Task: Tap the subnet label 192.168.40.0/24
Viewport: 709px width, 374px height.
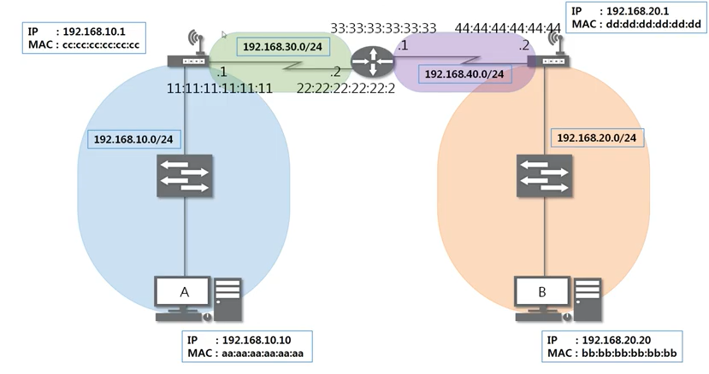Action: (464, 74)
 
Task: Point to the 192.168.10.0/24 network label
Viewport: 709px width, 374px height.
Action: (133, 138)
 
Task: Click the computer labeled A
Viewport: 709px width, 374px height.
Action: (184, 294)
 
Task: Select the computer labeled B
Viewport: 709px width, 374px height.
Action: (542, 294)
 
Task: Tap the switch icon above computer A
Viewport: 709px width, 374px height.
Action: (184, 178)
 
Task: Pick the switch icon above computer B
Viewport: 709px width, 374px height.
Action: (543, 178)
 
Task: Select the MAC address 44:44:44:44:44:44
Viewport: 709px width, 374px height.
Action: (507, 28)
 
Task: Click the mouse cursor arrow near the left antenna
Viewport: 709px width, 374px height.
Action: (224, 35)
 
